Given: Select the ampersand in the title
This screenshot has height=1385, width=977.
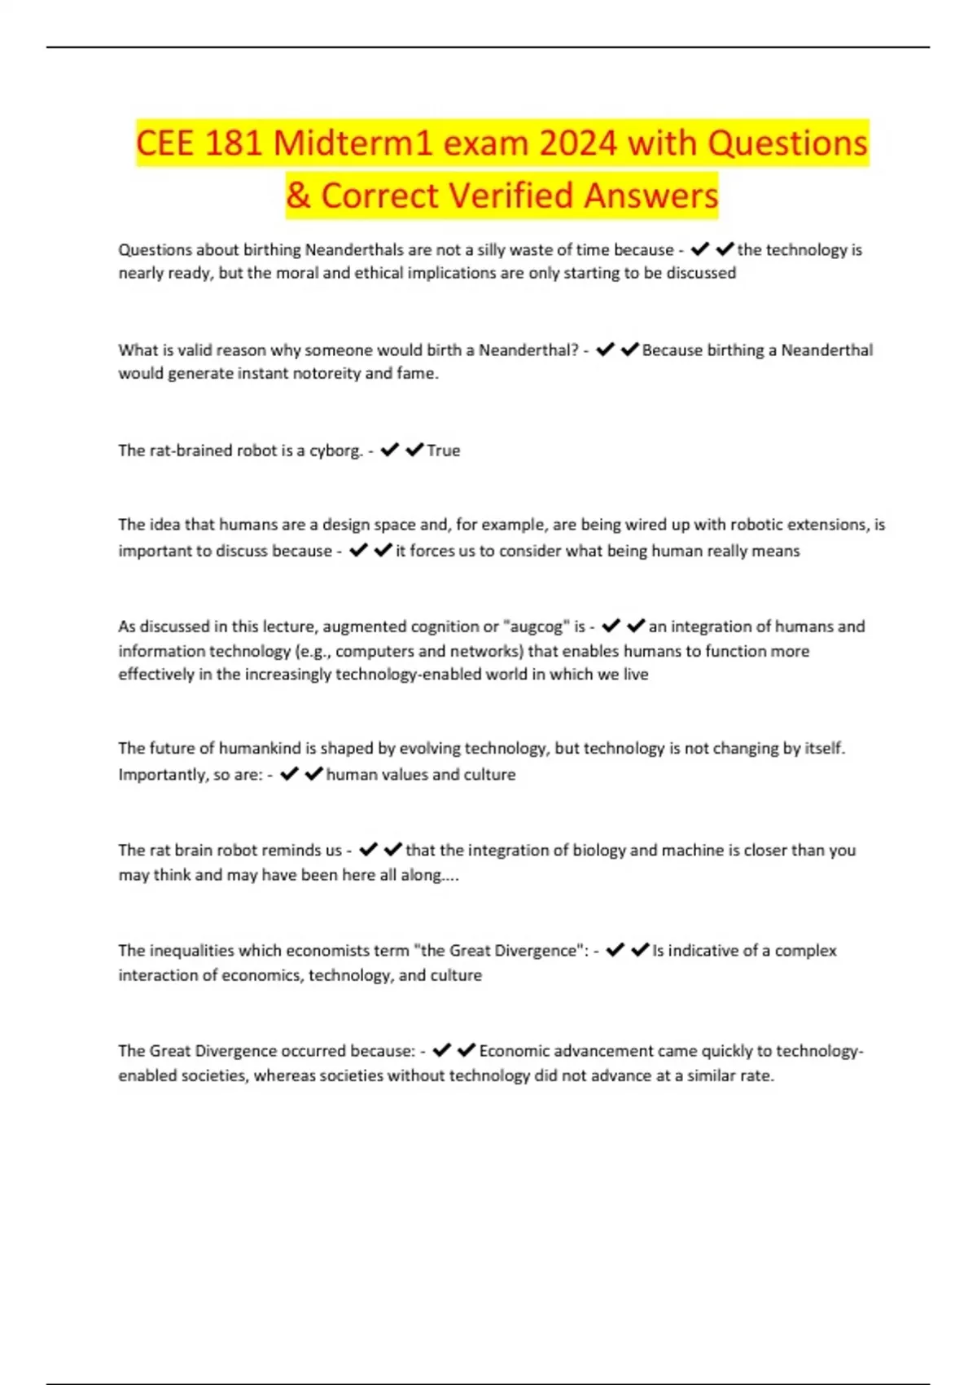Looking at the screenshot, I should coord(298,196).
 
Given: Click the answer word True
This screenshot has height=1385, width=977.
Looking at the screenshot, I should coord(444,451).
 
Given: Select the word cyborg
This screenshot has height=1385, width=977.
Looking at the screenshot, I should coord(335,451).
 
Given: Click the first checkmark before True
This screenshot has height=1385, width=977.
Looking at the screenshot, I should coord(389,450).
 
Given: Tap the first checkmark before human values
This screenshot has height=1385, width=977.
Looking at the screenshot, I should coord(289,774).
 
